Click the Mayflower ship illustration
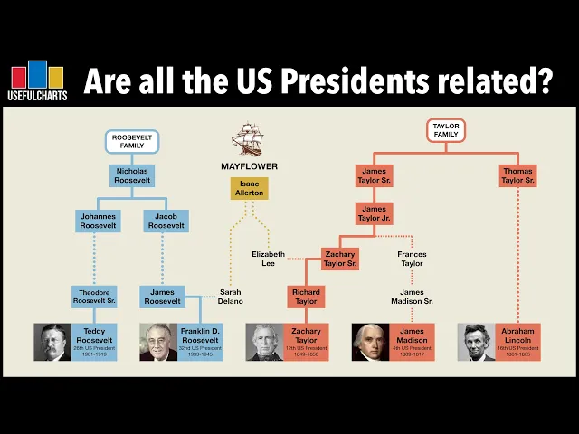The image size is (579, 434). (x=248, y=140)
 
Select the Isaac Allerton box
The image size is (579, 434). (x=249, y=188)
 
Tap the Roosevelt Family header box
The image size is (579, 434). (x=132, y=141)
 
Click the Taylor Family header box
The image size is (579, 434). (x=446, y=129)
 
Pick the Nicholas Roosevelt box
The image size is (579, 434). (x=132, y=175)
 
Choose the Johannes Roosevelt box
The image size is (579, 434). (x=99, y=221)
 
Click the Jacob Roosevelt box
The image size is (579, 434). (x=166, y=221)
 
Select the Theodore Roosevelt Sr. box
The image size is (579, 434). (x=95, y=296)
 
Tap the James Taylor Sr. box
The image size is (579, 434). (x=375, y=175)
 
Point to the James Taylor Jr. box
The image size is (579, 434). (x=375, y=214)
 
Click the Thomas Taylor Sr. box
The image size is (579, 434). (x=517, y=175)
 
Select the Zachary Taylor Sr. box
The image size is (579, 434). (x=340, y=259)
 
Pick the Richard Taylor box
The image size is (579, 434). (x=307, y=297)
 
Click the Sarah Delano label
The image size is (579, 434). (x=231, y=296)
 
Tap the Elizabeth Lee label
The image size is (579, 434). (x=268, y=259)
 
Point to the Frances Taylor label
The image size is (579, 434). (x=412, y=259)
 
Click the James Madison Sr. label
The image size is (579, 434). (x=417, y=297)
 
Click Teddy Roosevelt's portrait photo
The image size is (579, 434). (x=53, y=343)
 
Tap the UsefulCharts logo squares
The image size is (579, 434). (x=37, y=75)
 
